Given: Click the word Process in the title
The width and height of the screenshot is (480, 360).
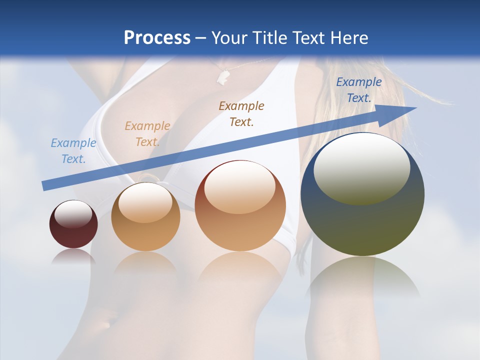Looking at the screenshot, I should [x=157, y=37].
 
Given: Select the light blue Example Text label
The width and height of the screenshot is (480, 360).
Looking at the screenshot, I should [x=73, y=150].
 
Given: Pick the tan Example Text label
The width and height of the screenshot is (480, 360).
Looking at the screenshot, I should [x=147, y=133].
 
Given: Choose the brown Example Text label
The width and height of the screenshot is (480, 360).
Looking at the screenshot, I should [x=241, y=113].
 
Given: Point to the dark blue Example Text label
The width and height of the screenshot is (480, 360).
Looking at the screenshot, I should [x=358, y=90].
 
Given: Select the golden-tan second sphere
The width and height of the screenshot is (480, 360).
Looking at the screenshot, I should [x=145, y=225].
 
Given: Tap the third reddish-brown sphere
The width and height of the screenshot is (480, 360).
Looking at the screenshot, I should [x=240, y=220].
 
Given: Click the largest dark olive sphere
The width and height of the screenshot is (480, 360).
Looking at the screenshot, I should [x=362, y=220].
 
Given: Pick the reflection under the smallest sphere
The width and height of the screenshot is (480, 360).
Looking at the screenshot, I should [x=73, y=256].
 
